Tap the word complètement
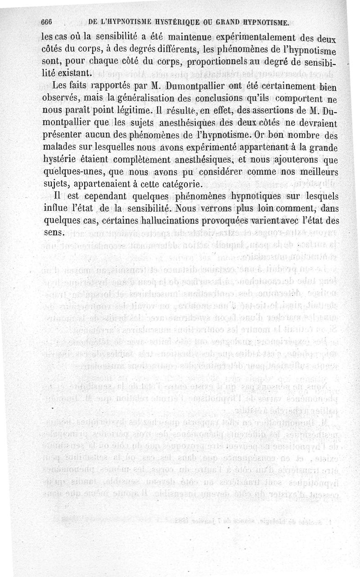pyautogui.click(x=130, y=159)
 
